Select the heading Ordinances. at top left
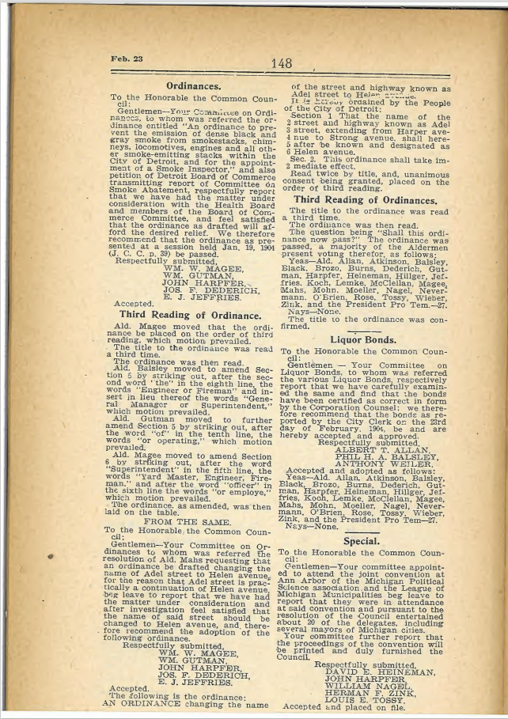tap(192, 85)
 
